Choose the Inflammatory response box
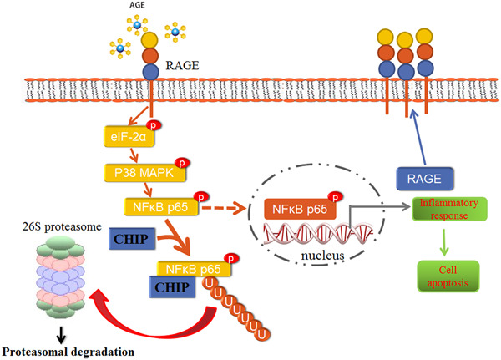(448, 209)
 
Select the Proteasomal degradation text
(68, 352)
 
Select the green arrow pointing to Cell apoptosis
(448, 242)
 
